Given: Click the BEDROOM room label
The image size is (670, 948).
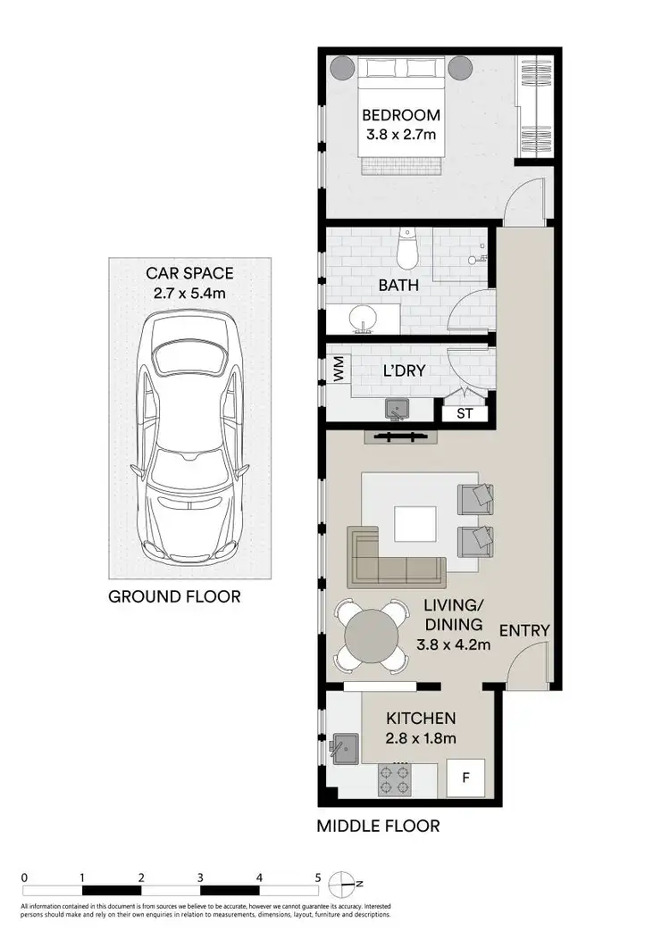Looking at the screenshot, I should (x=401, y=115).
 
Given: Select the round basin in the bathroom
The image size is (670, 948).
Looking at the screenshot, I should (x=363, y=319).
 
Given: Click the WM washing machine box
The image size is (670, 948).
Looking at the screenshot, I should (x=339, y=371).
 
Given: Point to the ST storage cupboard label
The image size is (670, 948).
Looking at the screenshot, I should (x=465, y=413).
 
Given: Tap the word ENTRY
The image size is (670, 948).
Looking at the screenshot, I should (x=524, y=630).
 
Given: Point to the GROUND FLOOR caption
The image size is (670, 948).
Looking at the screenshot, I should (x=174, y=596).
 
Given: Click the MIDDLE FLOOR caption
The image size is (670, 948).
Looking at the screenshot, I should (x=378, y=826).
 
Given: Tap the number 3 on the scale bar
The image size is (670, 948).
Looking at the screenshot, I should (x=200, y=877).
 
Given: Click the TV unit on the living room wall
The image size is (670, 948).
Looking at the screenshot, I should (x=404, y=437).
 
